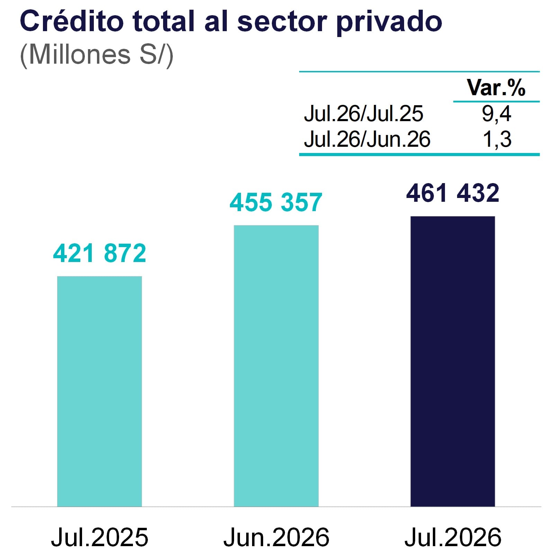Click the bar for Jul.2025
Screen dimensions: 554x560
point(99,391)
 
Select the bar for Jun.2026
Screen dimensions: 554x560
point(276,366)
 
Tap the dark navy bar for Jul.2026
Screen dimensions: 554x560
point(453,361)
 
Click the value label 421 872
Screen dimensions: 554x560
point(99,253)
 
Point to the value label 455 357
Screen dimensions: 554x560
point(276,202)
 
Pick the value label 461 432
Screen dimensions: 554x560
point(453,193)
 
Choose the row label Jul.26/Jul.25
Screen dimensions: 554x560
point(363,114)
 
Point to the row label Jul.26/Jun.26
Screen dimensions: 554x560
point(367,139)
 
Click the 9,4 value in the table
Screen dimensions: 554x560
point(496,114)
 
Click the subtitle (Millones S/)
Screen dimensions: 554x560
point(97,54)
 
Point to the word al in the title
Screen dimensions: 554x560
point(216,21)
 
